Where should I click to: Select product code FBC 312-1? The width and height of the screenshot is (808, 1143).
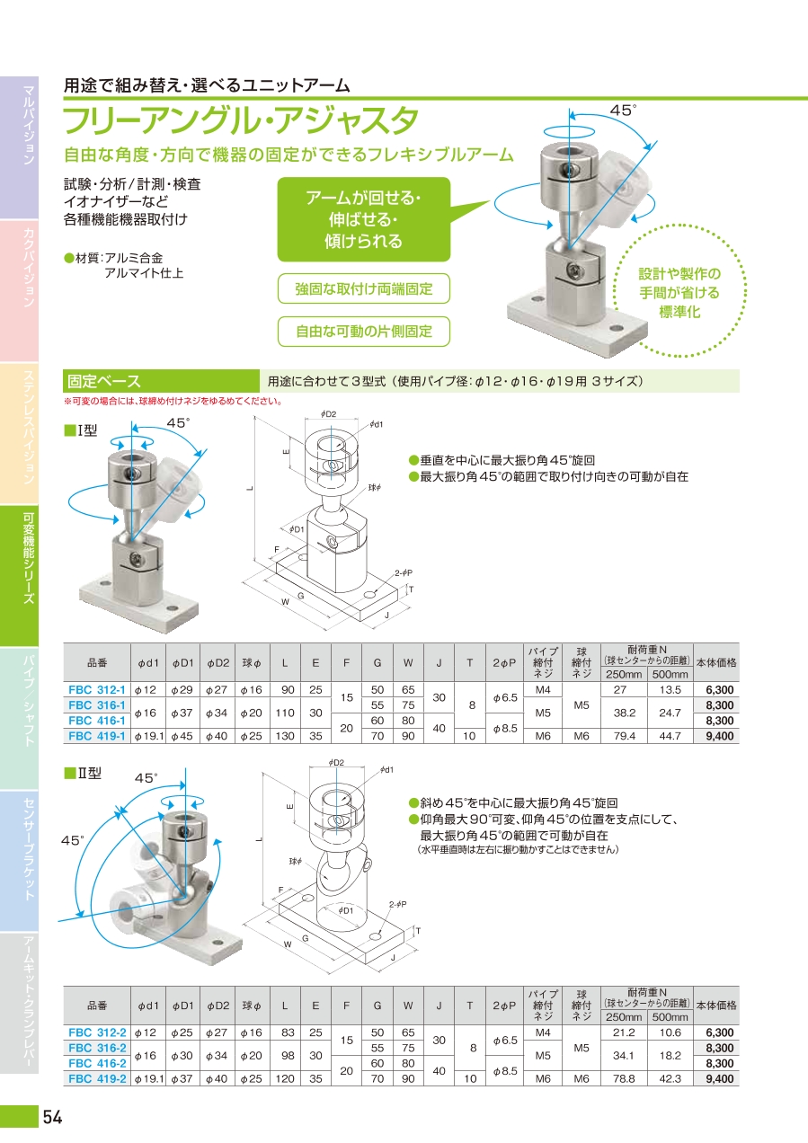click(96, 690)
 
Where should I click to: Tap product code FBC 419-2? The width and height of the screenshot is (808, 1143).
click(97, 1078)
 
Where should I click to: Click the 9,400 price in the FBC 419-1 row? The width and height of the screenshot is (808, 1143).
click(719, 736)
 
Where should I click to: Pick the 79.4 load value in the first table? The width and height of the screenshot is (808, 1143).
click(625, 736)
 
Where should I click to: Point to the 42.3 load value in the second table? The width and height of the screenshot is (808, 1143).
click(670, 1078)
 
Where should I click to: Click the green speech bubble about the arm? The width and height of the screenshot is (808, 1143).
click(363, 219)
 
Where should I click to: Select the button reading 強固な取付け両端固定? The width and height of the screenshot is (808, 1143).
click(363, 288)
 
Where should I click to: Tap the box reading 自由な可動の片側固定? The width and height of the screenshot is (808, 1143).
click(363, 332)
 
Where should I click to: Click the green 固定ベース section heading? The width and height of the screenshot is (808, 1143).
click(161, 381)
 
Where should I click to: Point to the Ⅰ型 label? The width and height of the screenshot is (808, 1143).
click(81, 430)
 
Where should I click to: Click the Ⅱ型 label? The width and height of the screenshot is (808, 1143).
click(83, 773)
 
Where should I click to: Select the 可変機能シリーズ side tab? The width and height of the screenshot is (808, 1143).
click(19, 576)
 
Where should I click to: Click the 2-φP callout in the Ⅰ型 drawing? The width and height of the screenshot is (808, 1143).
click(404, 573)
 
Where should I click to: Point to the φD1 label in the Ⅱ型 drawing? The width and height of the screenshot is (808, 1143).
click(345, 910)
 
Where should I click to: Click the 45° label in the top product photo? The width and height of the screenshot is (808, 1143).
click(623, 111)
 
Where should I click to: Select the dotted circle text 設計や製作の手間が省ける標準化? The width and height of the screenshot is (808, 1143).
click(679, 292)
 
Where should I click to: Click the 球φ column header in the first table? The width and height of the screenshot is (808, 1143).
click(252, 662)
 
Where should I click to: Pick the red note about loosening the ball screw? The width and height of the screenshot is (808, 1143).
click(173, 401)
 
